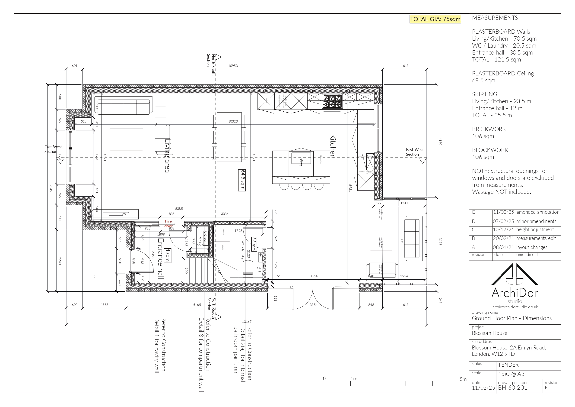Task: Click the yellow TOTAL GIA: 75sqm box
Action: pos(435,19)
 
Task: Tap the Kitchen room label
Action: pos(333,146)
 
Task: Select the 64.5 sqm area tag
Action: pos(242,180)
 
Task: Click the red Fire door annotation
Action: pos(168,223)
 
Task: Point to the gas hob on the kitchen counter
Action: pos(332,101)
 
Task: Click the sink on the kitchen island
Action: pos(301,159)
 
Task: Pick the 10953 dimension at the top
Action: pos(233,66)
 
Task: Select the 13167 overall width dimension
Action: pos(246,321)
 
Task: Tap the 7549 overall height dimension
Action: pos(51,188)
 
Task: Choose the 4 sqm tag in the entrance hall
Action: pos(168,255)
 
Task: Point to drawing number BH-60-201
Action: pos(512,388)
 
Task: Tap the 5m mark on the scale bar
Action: pos(463,379)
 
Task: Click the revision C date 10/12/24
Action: pos(503,229)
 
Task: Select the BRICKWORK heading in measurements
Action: pos(489,129)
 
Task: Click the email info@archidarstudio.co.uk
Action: pos(515,307)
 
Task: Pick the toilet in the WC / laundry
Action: pos(248,268)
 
